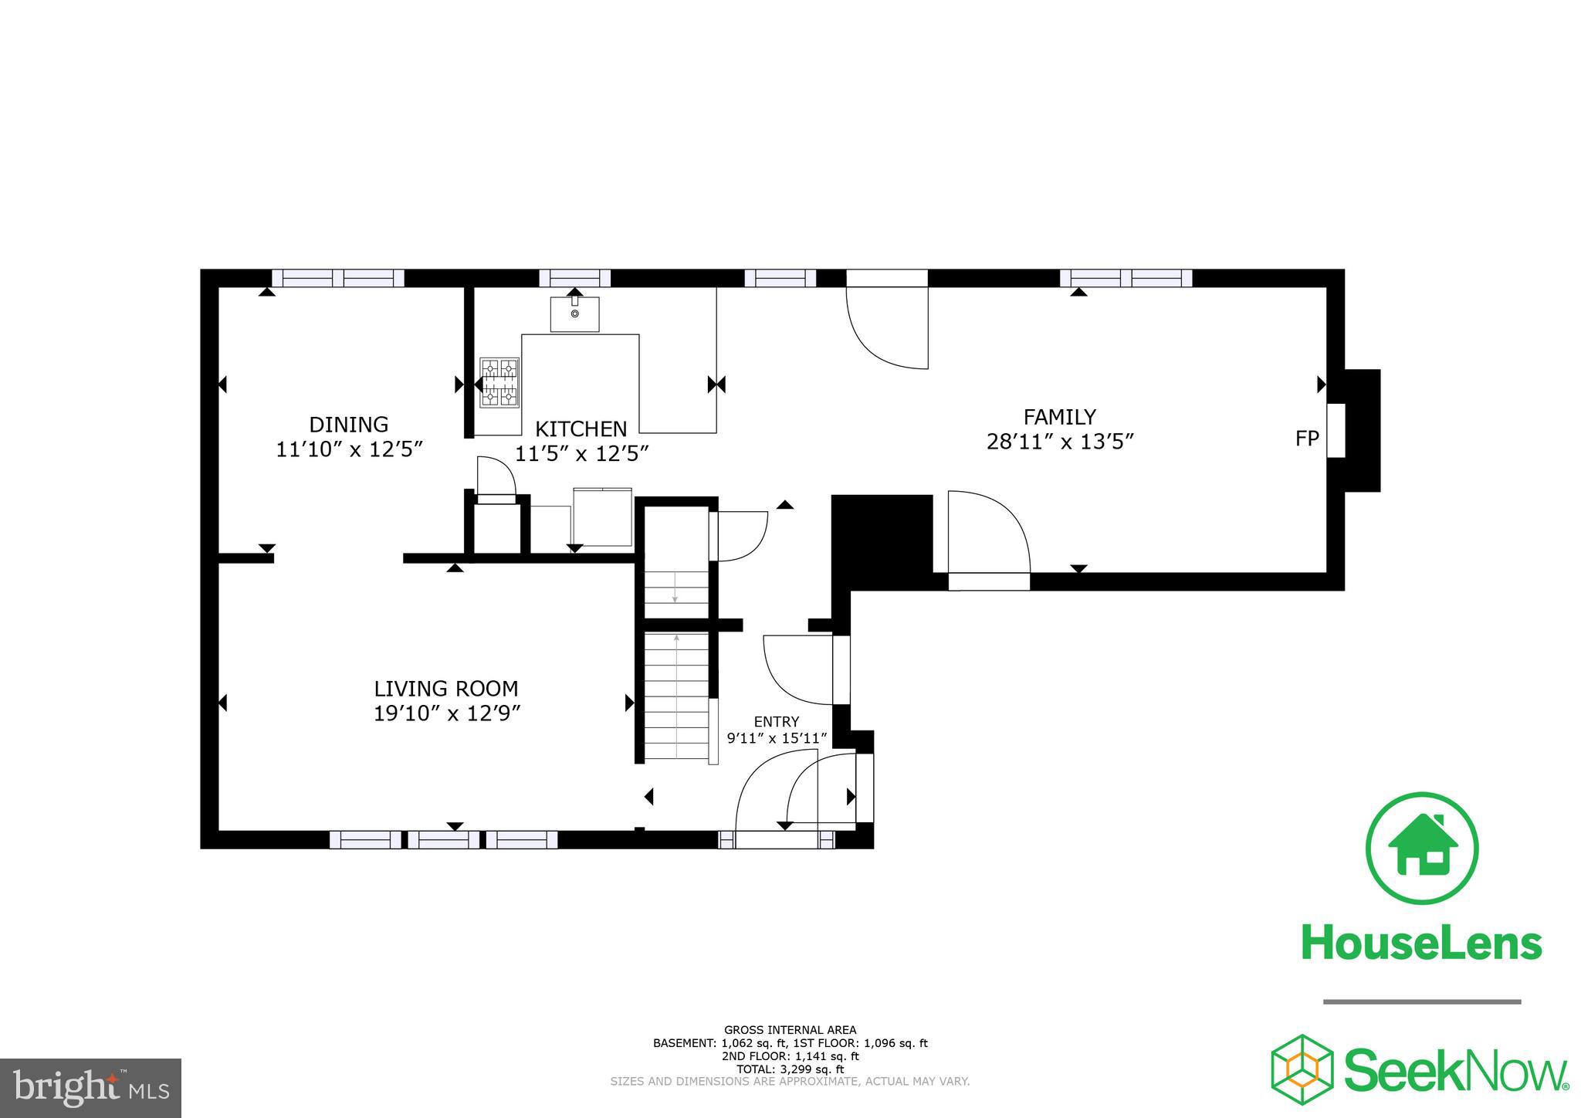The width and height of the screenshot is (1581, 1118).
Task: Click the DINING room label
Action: pos(348,425)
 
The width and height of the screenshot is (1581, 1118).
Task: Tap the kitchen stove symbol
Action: pos(499,382)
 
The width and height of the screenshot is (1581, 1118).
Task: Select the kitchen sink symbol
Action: pos(574,314)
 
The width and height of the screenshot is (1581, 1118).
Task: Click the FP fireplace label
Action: pos(1306,439)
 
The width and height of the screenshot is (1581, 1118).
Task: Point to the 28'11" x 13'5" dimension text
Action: pos(1059,442)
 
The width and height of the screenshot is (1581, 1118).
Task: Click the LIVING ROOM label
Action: pos(446,689)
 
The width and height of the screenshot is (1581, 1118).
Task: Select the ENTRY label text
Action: pos(776,722)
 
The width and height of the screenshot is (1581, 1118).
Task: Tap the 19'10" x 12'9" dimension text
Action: pos(447,713)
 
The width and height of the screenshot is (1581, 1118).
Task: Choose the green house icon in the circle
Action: pos(1421,847)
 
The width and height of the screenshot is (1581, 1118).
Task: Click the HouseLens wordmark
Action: pos(1421,944)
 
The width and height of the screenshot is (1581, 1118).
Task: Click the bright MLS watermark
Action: pos(90,1087)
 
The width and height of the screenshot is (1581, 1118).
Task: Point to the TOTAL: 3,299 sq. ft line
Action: pos(790,1069)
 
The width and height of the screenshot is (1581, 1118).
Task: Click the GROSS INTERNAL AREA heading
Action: pos(790,1029)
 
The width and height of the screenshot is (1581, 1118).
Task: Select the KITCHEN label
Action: pos(581,429)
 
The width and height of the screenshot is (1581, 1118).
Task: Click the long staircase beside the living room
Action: pos(676,695)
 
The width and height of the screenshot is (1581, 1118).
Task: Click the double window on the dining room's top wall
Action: pos(338,278)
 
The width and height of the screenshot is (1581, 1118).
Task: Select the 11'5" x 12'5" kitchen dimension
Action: pos(581,454)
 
